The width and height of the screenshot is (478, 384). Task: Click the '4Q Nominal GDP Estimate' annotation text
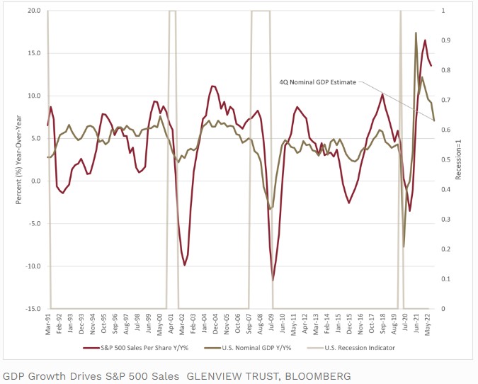pyautogui.click(x=318, y=82)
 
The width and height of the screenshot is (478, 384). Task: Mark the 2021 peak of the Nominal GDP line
pyautogui.click(x=416, y=33)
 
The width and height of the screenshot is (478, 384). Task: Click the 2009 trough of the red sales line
pyautogui.click(x=273, y=280)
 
